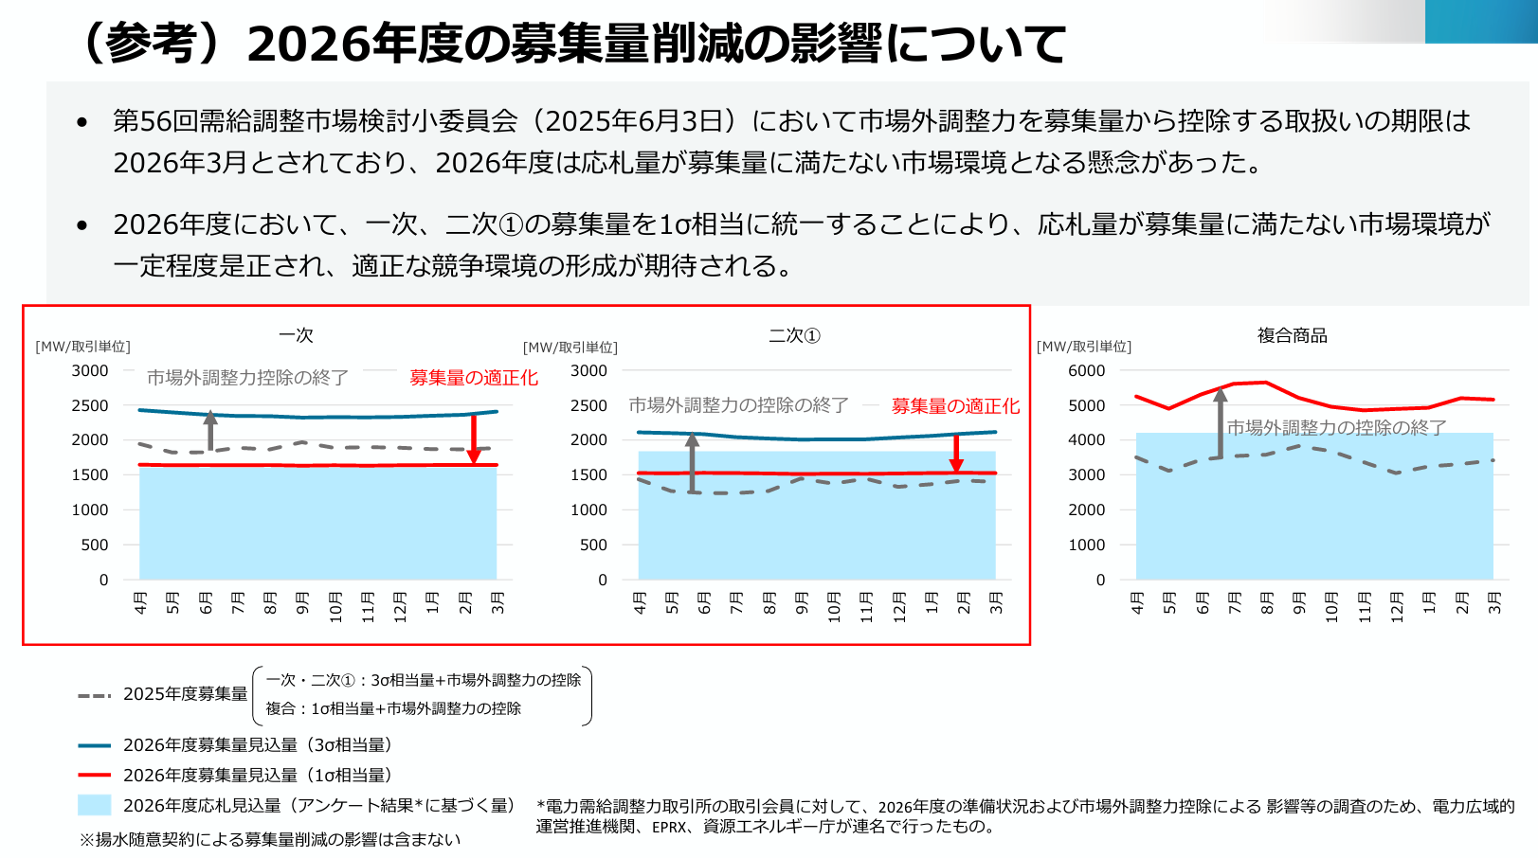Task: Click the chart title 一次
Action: click(x=296, y=335)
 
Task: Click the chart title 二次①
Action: click(x=794, y=336)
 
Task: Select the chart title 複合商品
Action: click(x=1292, y=335)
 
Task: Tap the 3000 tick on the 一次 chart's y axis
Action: click(x=91, y=370)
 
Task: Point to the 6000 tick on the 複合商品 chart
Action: click(x=1087, y=370)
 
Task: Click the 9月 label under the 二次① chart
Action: click(x=802, y=602)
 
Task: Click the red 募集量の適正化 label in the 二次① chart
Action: click(x=955, y=406)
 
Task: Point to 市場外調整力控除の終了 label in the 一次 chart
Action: click(x=247, y=378)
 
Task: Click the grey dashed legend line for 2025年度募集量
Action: click(x=95, y=695)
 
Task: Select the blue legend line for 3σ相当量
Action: click(x=95, y=745)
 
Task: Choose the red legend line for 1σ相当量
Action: click(x=95, y=776)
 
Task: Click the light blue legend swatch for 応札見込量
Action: click(x=95, y=805)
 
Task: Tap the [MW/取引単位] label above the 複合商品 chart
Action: click(x=1084, y=347)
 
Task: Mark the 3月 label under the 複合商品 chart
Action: click(x=1494, y=602)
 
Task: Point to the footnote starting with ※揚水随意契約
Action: click(x=270, y=839)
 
